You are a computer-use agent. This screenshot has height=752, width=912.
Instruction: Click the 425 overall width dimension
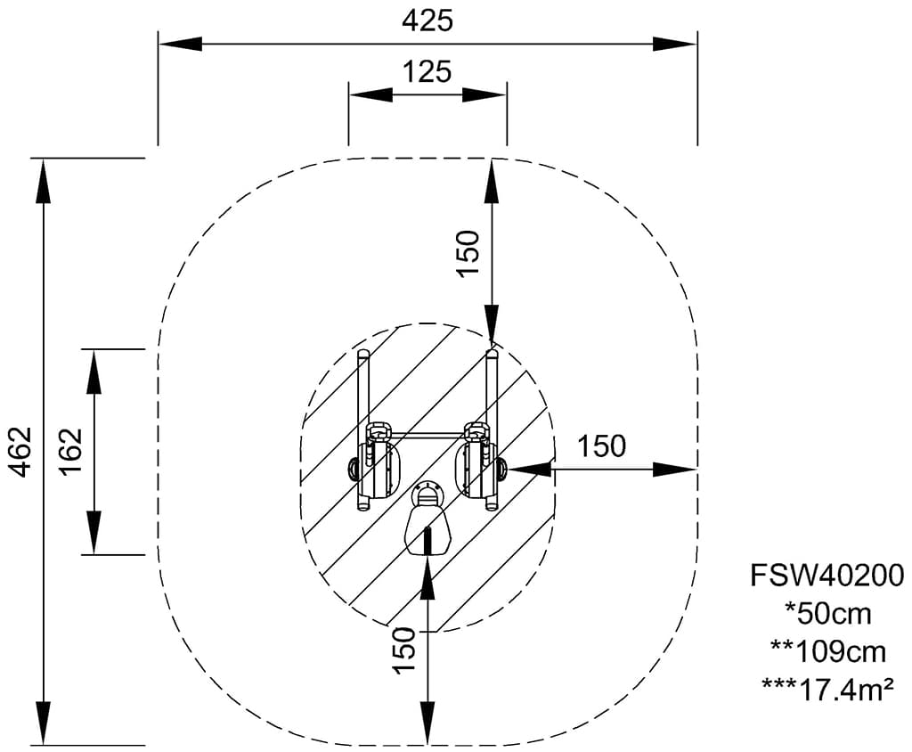tap(427, 20)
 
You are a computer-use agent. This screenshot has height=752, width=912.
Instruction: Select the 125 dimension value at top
tap(427, 72)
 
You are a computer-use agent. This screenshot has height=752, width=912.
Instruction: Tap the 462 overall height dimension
tap(20, 451)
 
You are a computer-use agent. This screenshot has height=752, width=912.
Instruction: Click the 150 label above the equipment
tap(468, 253)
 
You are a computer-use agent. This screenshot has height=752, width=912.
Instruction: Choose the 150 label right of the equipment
tap(601, 445)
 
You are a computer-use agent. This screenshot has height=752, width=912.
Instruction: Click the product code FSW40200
tap(827, 576)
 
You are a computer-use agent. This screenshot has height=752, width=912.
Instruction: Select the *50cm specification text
tap(827, 613)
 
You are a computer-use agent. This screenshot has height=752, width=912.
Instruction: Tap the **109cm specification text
tap(827, 651)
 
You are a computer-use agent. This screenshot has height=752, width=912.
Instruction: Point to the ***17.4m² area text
tap(827, 688)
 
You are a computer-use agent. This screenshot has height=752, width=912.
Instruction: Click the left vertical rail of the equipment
tap(363, 392)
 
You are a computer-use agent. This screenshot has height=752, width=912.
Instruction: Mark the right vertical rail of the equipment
tap(492, 392)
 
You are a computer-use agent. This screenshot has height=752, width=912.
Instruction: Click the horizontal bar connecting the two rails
tap(427, 436)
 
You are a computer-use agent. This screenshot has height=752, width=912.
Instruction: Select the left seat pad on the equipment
tap(381, 468)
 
